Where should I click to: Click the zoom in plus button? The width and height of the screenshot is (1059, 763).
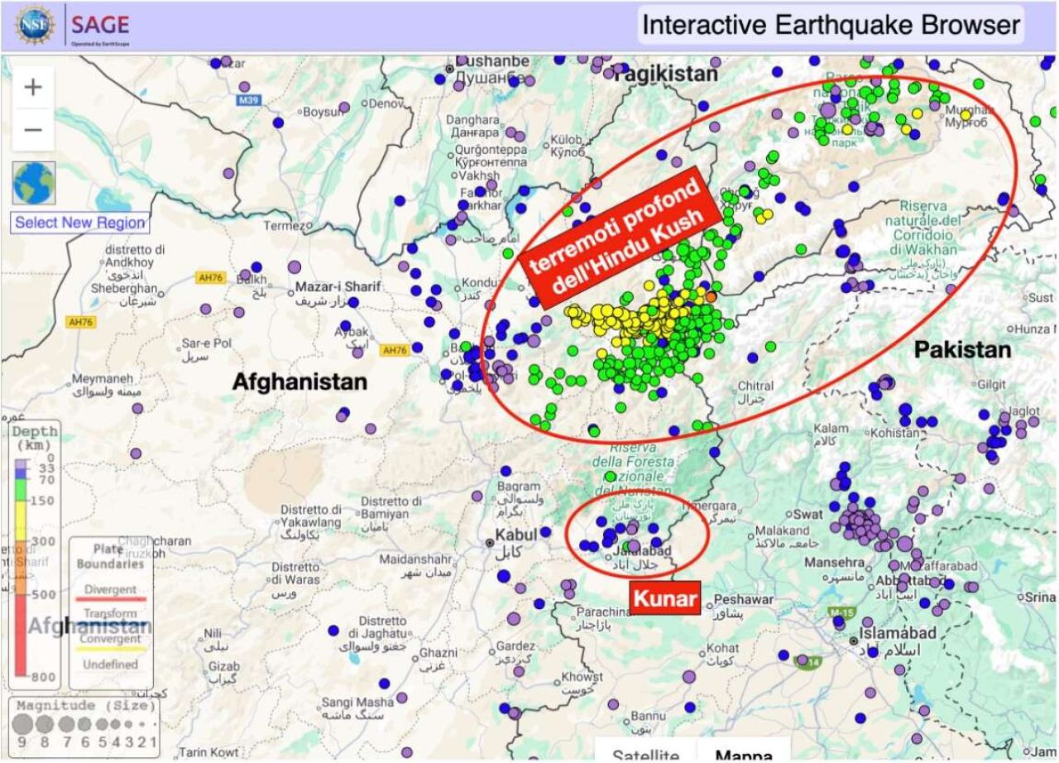33,88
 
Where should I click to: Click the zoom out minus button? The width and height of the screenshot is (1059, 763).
33,130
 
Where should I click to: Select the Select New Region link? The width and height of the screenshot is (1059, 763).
79,223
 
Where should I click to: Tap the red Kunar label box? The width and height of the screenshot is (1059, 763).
665,598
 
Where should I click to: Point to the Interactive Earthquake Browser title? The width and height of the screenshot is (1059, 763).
831,26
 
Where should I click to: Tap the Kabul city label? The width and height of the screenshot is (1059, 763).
516,535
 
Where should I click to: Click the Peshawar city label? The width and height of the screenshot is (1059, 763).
743,599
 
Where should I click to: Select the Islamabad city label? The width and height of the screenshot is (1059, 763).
898,633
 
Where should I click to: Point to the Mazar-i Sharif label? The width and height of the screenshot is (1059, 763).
338,287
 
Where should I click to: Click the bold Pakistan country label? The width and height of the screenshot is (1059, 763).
962,350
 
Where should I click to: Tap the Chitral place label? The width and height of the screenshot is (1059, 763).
755,386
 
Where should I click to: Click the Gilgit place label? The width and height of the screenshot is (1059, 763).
991,385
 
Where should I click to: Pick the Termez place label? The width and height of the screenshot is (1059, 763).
285,226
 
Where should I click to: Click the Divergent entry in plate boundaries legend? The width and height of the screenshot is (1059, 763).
110,590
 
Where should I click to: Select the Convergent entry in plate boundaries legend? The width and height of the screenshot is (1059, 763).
110,639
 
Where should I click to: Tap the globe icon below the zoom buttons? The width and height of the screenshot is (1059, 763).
34,183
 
